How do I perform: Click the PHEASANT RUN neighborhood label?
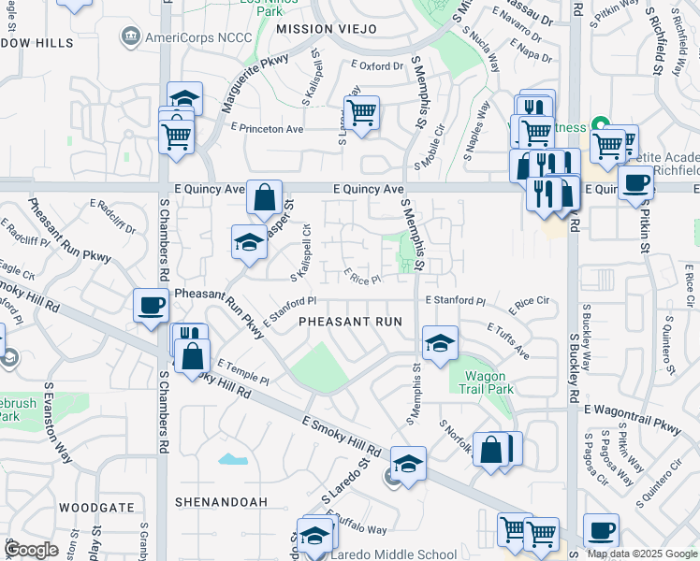350,322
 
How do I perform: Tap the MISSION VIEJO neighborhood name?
327,30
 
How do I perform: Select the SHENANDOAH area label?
221,502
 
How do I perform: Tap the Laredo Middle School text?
394,554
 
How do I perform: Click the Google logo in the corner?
31,550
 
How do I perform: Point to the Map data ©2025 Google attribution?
642,554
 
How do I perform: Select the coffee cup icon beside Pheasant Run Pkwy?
151,305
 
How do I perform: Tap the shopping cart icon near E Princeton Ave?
362,112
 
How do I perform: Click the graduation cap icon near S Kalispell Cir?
249,241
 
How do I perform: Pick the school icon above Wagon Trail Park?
439,342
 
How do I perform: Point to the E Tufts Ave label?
508,340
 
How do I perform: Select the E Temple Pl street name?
243,372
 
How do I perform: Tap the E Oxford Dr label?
376,66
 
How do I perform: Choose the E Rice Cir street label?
529,306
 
